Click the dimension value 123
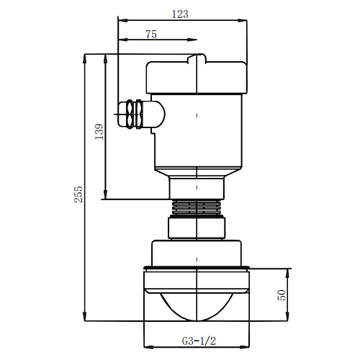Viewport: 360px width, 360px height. (x=180, y=14)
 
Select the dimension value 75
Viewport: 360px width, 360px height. (x=151, y=35)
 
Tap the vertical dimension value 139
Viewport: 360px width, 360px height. (x=99, y=132)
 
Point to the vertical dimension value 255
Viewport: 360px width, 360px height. (x=78, y=194)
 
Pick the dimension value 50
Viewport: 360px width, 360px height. (x=282, y=295)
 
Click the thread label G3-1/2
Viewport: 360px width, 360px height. (x=199, y=341)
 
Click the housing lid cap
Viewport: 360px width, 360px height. (x=197, y=77)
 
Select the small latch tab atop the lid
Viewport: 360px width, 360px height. (x=197, y=58)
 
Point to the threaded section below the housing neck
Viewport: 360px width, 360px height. (x=197, y=207)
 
